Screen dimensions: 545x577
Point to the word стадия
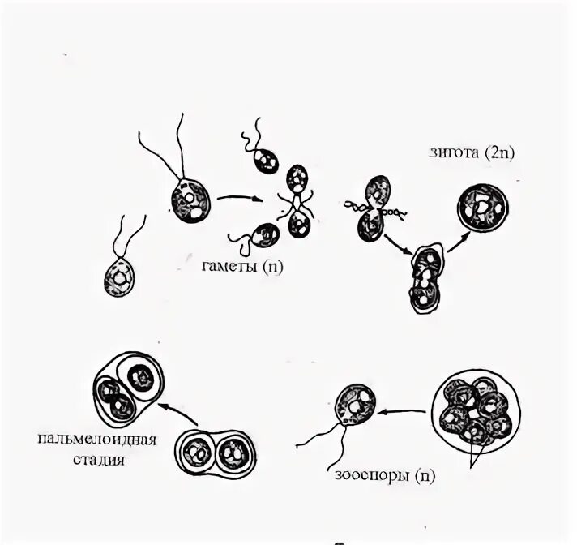point(95,461)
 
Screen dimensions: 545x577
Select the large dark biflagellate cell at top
point(190,200)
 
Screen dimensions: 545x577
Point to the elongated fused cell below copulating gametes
point(425,280)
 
